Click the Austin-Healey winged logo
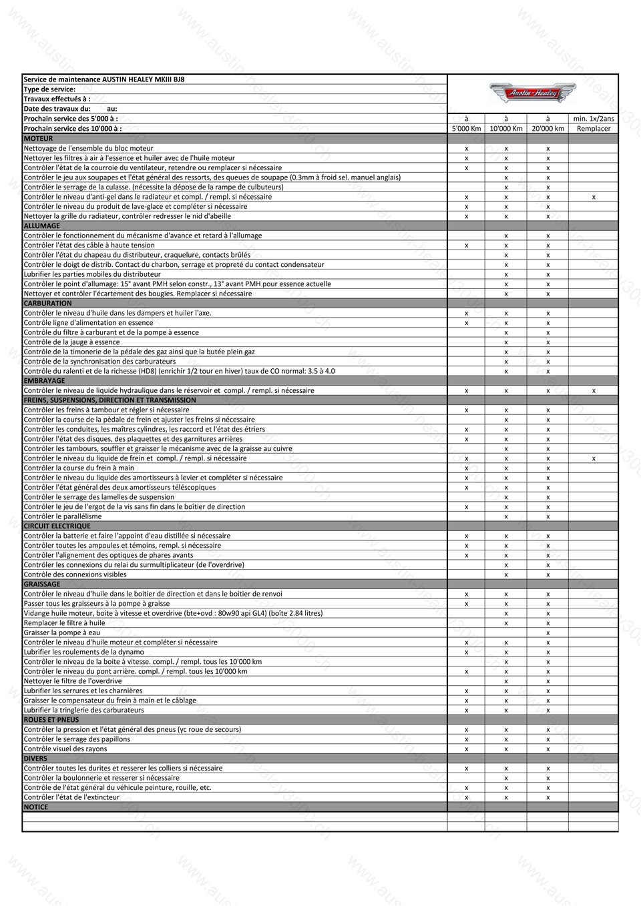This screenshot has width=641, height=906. coord(532,93)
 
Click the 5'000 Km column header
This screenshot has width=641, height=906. coord(466,129)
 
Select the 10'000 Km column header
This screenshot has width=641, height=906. coord(505,129)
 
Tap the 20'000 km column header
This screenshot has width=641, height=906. coord(548,129)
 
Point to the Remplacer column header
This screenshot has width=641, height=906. coord(593,129)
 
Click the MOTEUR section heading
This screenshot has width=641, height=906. coord(38,139)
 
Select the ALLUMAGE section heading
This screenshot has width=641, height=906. coord(42,225)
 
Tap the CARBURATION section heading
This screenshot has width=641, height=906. coord(47,303)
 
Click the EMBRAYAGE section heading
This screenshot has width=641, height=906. coord(44,381)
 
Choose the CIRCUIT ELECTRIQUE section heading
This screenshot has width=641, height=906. coord(57,526)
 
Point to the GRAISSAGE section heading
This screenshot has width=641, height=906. coord(42,584)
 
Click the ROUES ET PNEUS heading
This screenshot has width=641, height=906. coord(51,720)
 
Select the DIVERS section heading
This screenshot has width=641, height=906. coord(35,759)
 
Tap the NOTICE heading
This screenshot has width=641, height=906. coord(36,807)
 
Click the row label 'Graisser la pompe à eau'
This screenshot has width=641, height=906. coord(61,632)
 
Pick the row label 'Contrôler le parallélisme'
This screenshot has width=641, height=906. coord(63,516)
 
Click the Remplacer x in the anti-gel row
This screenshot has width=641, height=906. coord(593,197)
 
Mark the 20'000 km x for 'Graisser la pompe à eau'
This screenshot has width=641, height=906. coord(548,632)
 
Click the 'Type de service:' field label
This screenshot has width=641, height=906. coord(49,89)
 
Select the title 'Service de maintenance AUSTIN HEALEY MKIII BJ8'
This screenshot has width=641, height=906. coord(104,79)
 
